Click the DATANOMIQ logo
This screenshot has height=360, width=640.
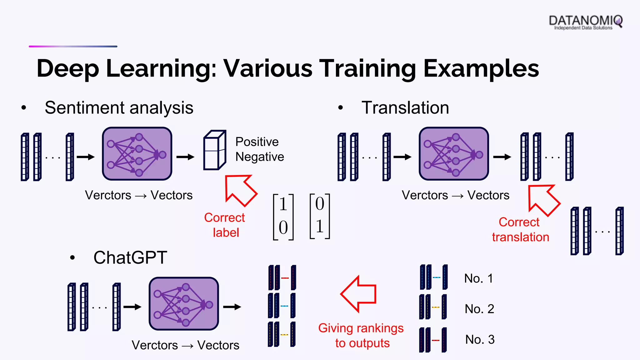click(x=585, y=22)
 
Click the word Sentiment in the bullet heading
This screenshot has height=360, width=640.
click(x=85, y=108)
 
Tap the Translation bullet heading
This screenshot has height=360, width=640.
click(x=405, y=108)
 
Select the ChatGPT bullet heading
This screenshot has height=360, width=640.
click(x=130, y=258)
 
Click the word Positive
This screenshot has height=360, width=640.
click(x=257, y=142)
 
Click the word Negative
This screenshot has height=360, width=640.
click(x=260, y=157)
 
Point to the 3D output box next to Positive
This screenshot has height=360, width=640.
click(x=214, y=150)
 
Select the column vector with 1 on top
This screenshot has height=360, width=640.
click(x=283, y=217)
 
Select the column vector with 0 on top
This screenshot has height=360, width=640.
click(x=319, y=216)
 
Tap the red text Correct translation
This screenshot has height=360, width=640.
click(x=520, y=230)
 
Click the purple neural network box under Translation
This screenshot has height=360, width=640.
click(x=454, y=154)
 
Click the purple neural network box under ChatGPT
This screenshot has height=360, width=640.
click(x=184, y=304)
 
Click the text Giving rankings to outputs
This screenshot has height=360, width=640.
click(x=361, y=336)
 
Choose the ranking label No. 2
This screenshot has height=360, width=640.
click(x=479, y=309)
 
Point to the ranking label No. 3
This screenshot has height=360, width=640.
click(x=480, y=340)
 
